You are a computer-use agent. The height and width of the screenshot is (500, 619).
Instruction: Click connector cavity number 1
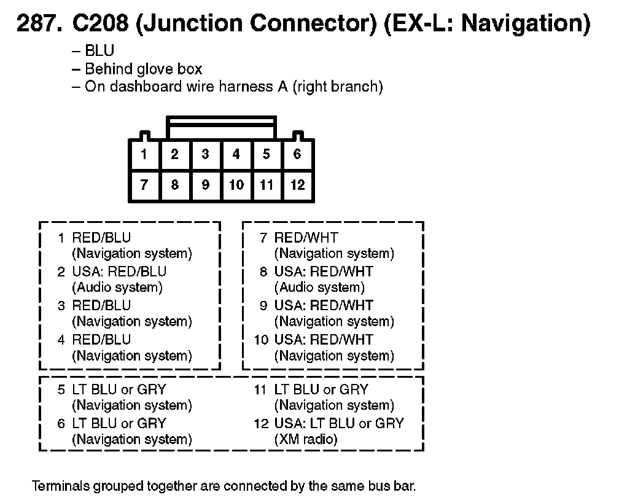tap(144, 154)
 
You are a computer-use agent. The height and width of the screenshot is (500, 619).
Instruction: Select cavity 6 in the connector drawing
tap(297, 154)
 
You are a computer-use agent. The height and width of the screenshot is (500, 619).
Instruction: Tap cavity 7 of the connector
tap(144, 185)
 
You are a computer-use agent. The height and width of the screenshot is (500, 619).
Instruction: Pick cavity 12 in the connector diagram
tap(297, 185)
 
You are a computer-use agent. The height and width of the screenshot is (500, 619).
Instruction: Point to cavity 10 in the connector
tap(236, 185)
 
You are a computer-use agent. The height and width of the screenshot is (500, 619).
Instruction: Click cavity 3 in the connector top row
tap(205, 154)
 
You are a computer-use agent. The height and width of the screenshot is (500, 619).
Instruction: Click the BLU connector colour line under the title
tap(99, 52)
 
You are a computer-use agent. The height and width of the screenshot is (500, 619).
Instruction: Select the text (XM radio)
tap(305, 439)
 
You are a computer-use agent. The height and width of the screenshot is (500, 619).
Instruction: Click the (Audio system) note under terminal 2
tap(117, 287)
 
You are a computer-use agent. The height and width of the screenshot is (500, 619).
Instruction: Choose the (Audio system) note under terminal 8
tap(319, 287)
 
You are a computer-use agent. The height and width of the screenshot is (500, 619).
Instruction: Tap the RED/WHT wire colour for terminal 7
tap(306, 238)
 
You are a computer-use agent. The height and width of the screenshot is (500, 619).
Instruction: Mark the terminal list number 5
tap(61, 389)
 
